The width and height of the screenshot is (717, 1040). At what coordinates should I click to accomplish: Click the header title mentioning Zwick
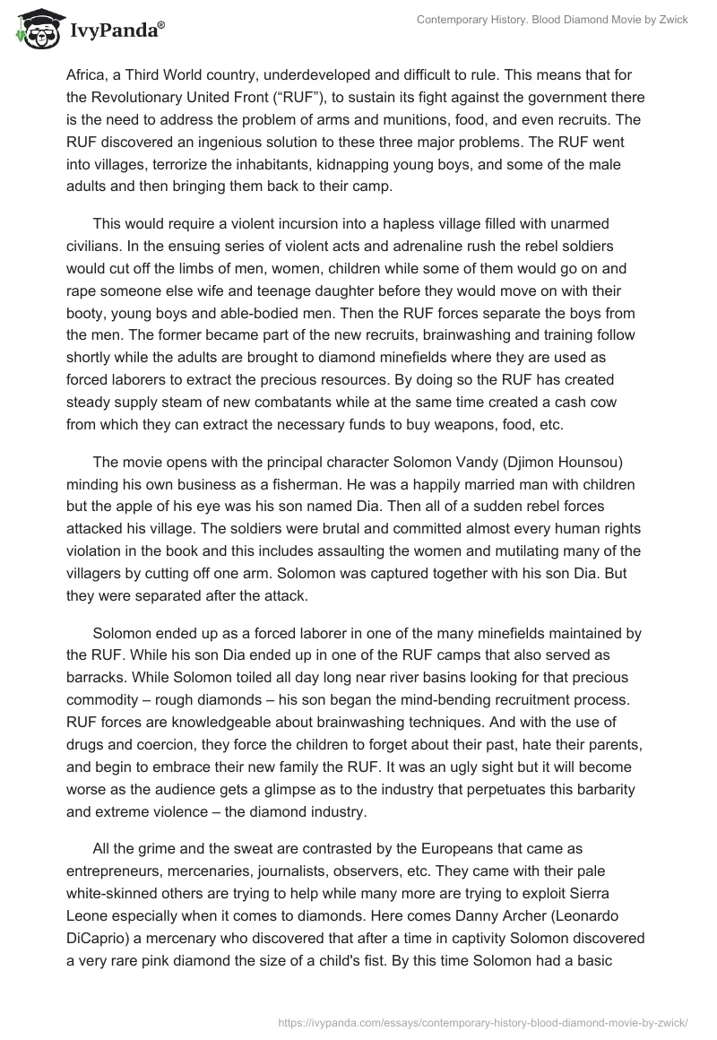click(x=552, y=20)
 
